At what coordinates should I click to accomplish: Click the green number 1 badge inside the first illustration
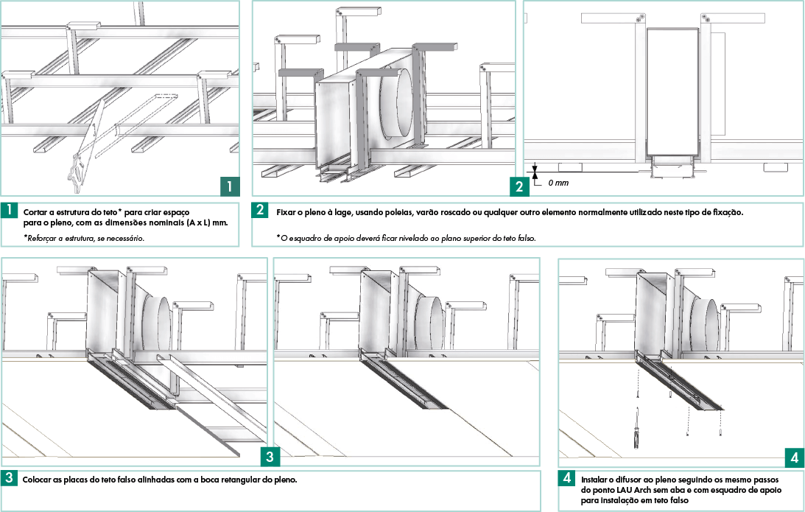tap(230, 186)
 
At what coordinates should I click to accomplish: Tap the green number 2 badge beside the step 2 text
tap(260, 210)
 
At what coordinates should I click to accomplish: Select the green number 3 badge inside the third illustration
tap(270, 457)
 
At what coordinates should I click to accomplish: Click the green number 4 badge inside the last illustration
tap(794, 457)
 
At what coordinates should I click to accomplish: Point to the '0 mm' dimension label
tap(558, 182)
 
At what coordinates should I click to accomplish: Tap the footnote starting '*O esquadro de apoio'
tap(406, 238)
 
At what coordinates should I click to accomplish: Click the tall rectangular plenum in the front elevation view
tap(672, 92)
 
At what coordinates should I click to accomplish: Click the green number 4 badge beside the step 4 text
tap(567, 478)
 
